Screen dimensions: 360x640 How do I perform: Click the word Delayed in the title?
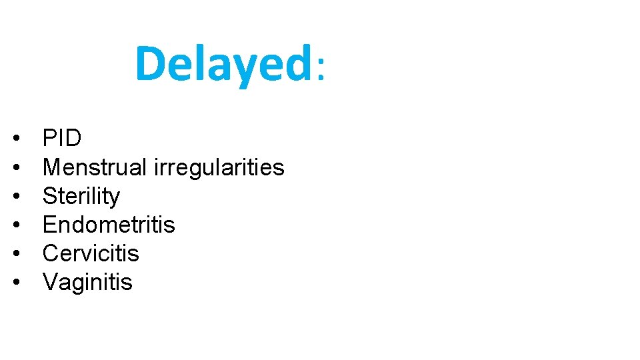[x=223, y=64]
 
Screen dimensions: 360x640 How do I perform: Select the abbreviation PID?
[x=62, y=139]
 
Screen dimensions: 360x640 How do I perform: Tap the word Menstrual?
[x=95, y=167]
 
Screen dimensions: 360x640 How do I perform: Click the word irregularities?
[x=219, y=168]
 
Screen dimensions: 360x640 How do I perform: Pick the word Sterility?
[x=81, y=197]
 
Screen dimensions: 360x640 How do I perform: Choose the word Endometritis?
[x=109, y=225]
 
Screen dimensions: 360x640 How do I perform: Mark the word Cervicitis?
[x=91, y=253]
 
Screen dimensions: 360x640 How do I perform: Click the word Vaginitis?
[x=87, y=283]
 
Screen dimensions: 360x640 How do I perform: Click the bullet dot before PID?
[x=15, y=139]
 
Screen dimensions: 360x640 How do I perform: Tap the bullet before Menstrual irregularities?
[x=15, y=168]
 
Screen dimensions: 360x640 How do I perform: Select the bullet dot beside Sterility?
[x=15, y=197]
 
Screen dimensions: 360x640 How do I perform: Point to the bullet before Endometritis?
[x=15, y=225]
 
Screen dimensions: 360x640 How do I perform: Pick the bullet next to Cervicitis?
[x=15, y=254]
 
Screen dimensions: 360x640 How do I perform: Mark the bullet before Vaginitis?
[x=15, y=283]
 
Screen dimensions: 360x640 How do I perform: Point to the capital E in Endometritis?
[x=49, y=225]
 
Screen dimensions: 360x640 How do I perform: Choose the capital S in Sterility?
[x=49, y=197]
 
